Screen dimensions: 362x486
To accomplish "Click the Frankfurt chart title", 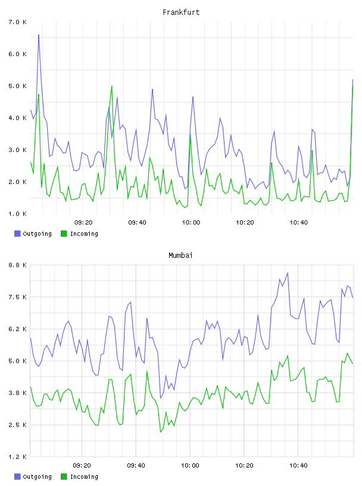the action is point(181,12).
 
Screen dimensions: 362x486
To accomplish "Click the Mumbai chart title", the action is point(180,255).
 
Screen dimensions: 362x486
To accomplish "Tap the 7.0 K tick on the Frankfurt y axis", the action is point(18,22).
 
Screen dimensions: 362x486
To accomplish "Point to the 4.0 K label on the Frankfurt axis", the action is point(18,118).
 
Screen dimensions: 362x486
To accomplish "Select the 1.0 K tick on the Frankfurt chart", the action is point(18,214).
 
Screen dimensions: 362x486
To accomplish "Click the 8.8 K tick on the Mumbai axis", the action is point(18,265).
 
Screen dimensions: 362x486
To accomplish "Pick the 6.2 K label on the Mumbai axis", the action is point(18,329).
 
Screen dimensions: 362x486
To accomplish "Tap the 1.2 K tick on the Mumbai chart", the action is point(18,457).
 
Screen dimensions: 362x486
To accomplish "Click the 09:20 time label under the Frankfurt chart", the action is point(83,222).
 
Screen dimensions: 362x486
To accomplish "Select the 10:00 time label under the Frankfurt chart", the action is point(191,222).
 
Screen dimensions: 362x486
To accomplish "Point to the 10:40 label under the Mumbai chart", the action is point(298,465).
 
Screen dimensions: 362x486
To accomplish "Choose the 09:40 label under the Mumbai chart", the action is point(136,465).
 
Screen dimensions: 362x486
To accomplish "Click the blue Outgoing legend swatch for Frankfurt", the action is point(17,233).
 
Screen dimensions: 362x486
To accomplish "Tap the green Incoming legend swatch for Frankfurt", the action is point(64,233).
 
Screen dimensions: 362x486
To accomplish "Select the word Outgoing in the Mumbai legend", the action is point(37,476).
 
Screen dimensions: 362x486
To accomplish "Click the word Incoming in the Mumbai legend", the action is point(84,476).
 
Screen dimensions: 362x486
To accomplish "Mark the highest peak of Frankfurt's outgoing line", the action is point(39,35).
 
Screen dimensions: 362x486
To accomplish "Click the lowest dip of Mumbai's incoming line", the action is point(161,432).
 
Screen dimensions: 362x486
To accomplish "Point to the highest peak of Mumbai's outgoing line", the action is point(288,273).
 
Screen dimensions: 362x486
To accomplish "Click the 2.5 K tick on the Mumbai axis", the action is point(18,425).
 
